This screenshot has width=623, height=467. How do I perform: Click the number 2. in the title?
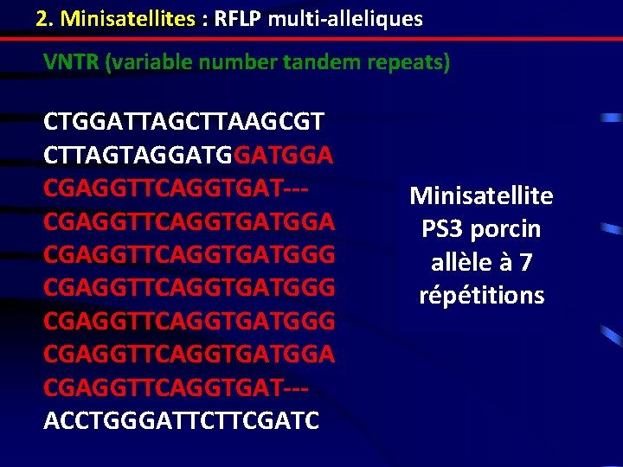[45, 18]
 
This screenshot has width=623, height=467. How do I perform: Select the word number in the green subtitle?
[228, 63]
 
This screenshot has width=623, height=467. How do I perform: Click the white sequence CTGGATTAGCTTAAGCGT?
[185, 120]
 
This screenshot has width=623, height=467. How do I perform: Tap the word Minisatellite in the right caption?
[481, 196]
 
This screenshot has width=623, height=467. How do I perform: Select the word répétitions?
[481, 296]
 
